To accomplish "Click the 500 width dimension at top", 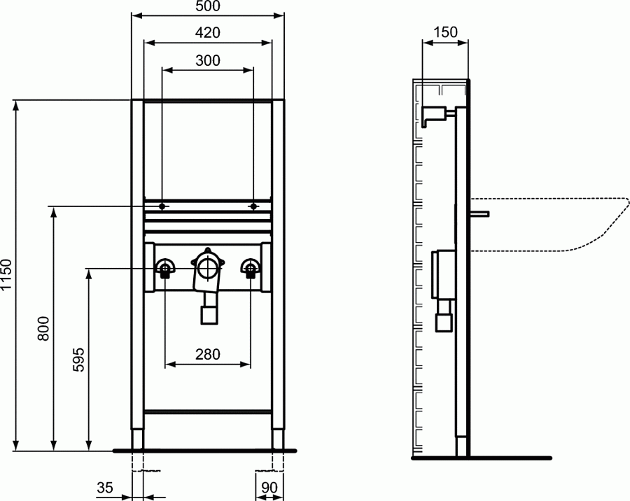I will pyautogui.click(x=207, y=7).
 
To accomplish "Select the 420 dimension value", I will pyautogui.click(x=207, y=33).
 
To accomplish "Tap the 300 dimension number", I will pyautogui.click(x=207, y=60).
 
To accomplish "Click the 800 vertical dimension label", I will pyautogui.click(x=43, y=329).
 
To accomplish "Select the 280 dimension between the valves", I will pyautogui.click(x=207, y=355).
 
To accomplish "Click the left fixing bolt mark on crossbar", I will pyautogui.click(x=162, y=206).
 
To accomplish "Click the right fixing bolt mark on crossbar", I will pyautogui.click(x=253, y=206).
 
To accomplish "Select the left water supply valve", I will pyautogui.click(x=165, y=268).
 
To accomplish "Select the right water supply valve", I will pyautogui.click(x=250, y=268).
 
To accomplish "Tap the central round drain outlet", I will pyautogui.click(x=207, y=267).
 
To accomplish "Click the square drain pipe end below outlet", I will pyautogui.click(x=207, y=314).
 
